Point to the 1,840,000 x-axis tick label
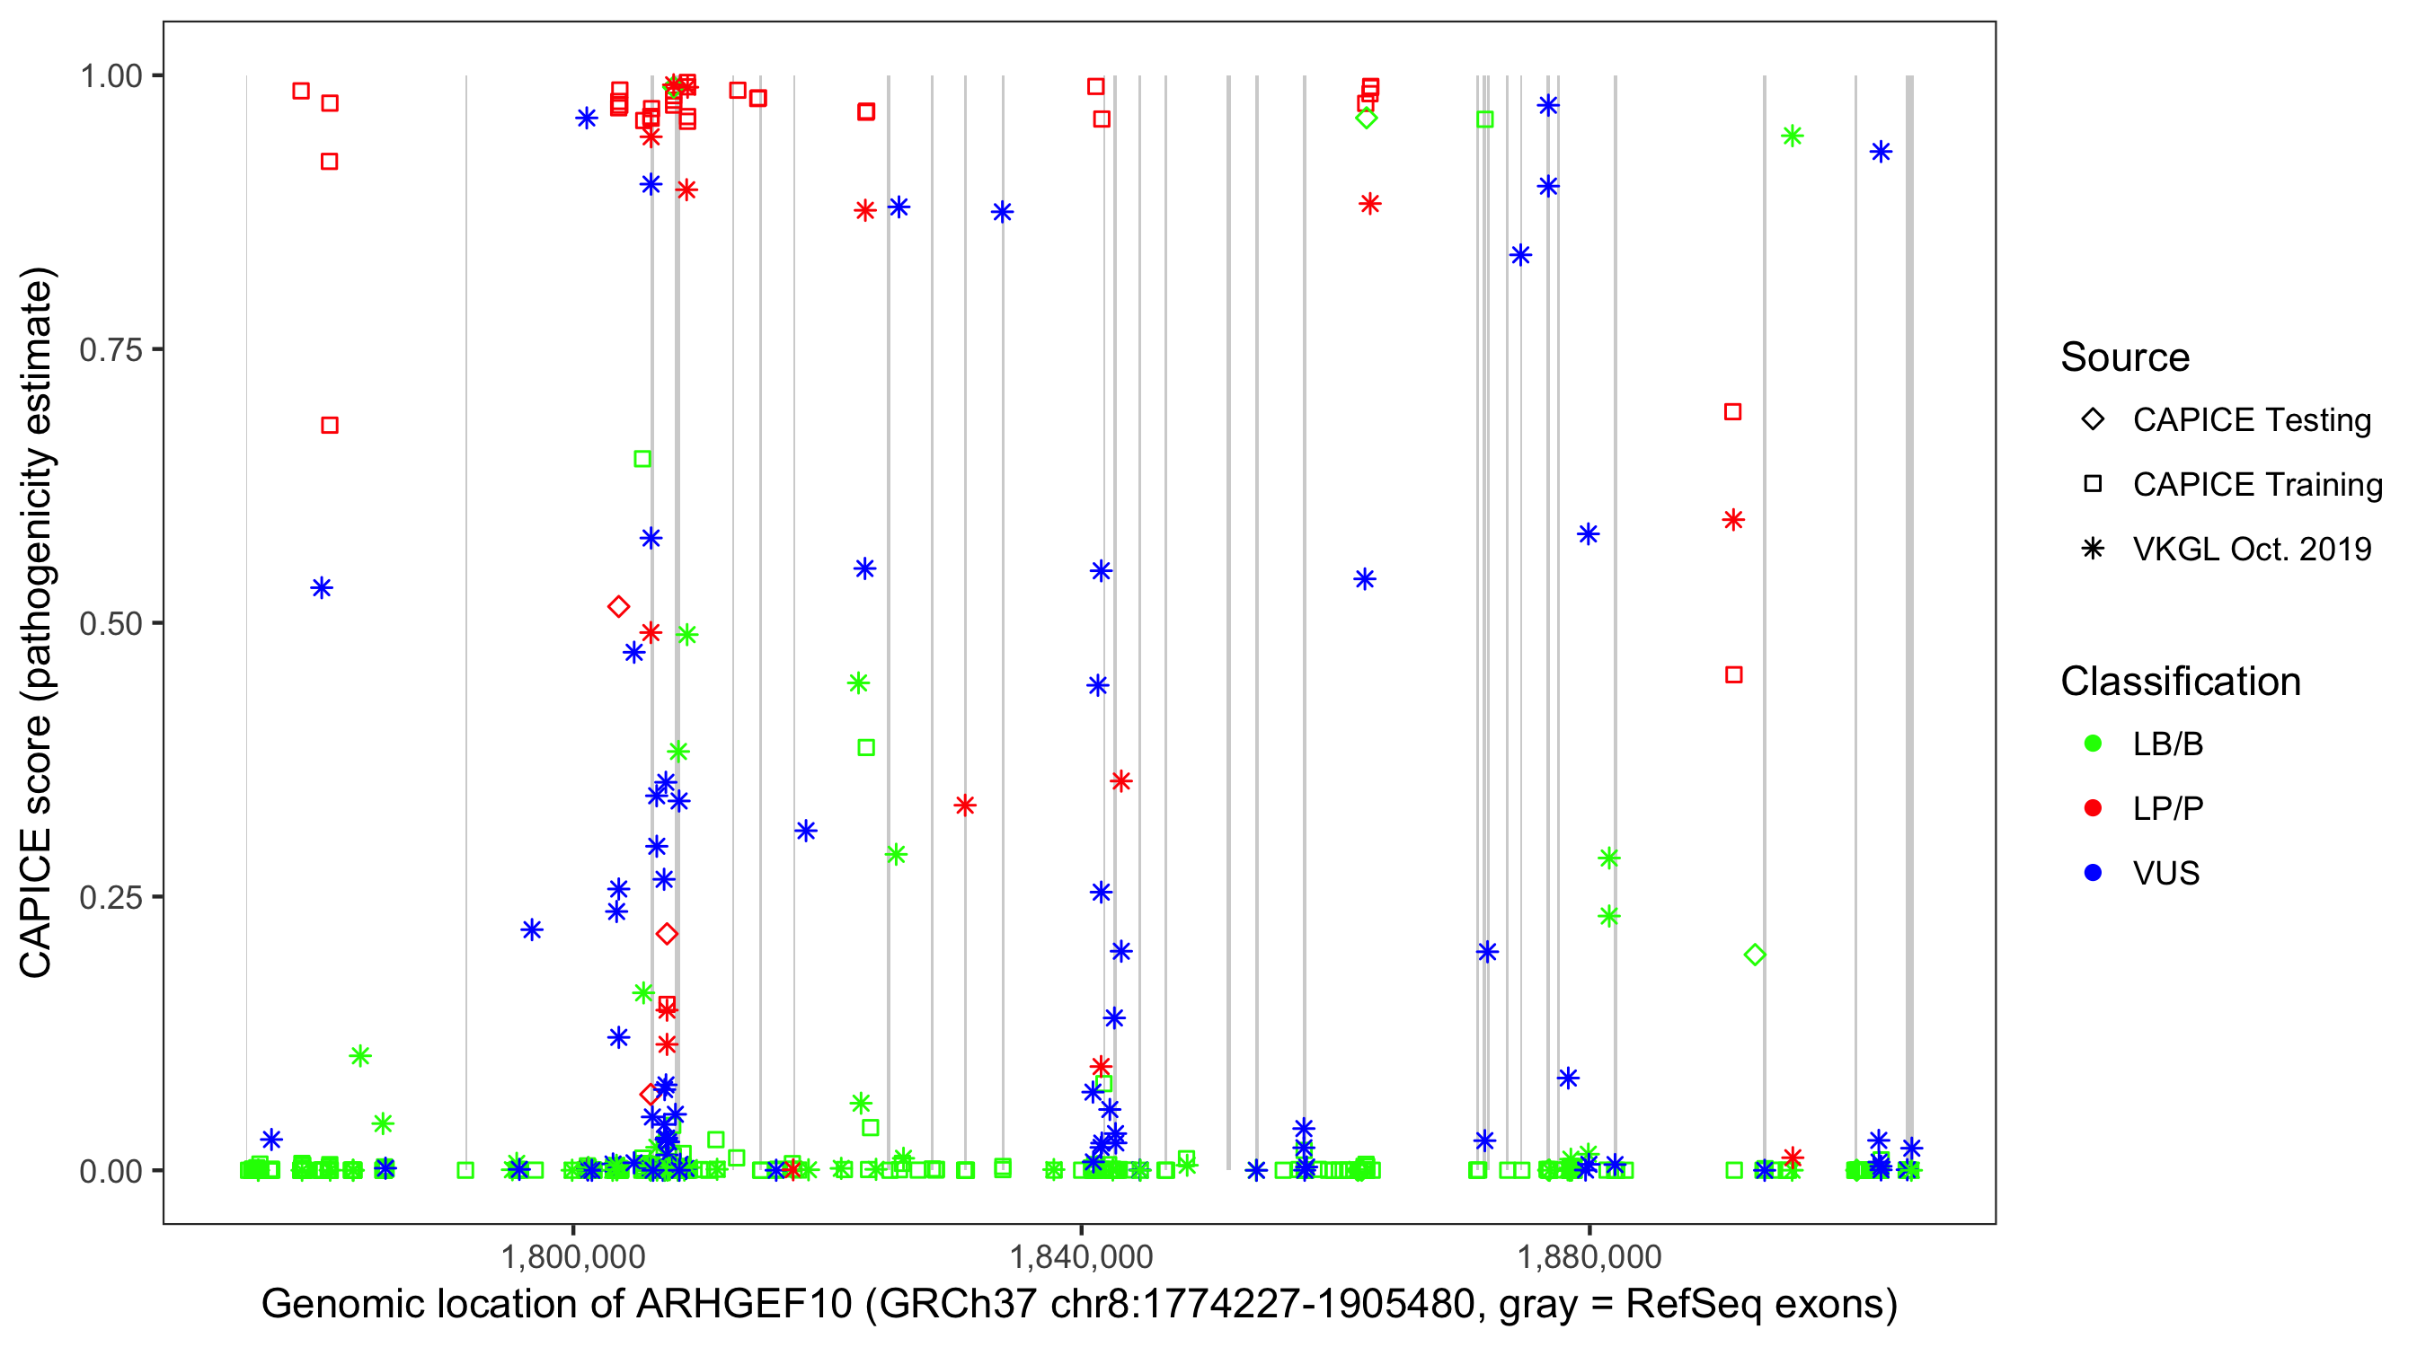click(1080, 1255)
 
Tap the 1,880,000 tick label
click(1589, 1255)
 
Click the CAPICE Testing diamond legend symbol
click(2093, 418)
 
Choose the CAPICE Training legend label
click(2256, 484)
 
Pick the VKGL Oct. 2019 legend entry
click(2251, 549)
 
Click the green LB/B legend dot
click(2093, 744)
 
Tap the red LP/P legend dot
click(2093, 808)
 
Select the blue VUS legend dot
click(2093, 873)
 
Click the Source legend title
click(2125, 357)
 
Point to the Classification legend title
click(2180, 682)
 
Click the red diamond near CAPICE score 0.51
click(619, 606)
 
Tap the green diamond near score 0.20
click(1755, 955)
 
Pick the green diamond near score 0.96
click(1367, 118)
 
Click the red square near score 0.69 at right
click(1733, 411)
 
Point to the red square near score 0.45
click(1734, 675)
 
